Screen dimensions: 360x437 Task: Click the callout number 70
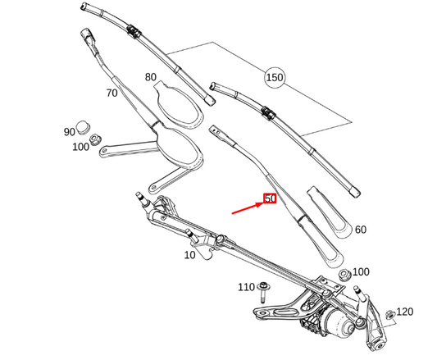tap(112, 93)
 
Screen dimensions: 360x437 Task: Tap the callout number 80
tap(151, 77)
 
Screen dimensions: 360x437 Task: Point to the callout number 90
tap(69, 131)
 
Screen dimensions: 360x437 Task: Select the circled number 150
tap(274, 78)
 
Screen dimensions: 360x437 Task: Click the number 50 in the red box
tap(270, 199)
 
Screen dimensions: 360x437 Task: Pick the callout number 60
tap(360, 230)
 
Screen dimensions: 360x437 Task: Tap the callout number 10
tap(190, 255)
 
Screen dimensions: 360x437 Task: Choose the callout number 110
tap(246, 288)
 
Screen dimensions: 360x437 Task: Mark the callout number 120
tap(405, 312)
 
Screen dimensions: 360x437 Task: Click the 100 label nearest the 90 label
tap(80, 147)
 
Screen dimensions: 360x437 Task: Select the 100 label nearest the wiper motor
tap(360, 271)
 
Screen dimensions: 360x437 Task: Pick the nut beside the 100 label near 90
tap(96, 139)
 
